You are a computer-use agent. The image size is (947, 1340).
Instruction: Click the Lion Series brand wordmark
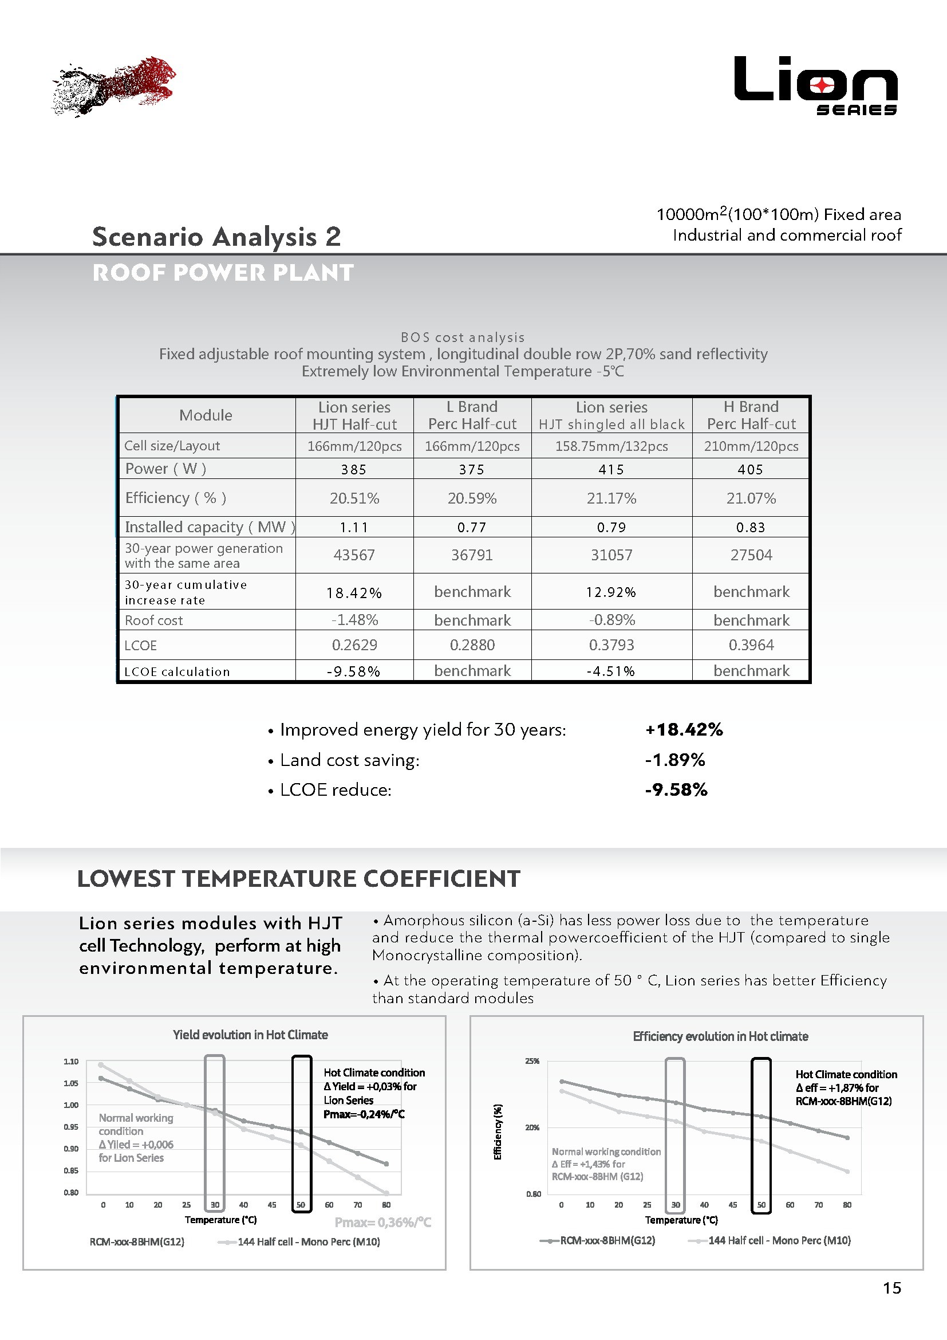(x=815, y=85)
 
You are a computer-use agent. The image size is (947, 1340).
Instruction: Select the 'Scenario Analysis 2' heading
(x=216, y=237)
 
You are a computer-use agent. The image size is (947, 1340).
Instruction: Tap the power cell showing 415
(x=611, y=469)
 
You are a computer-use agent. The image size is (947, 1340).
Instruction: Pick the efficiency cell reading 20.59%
(x=472, y=498)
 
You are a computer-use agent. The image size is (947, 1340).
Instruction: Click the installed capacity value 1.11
(x=354, y=528)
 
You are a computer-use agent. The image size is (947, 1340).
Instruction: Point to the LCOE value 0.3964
(x=751, y=645)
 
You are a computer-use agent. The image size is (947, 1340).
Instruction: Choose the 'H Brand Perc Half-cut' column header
(x=751, y=415)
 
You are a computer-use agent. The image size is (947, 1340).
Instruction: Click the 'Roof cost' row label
(x=154, y=620)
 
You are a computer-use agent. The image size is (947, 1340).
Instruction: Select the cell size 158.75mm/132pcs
(x=611, y=446)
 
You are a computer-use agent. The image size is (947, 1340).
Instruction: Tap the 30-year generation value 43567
(x=354, y=555)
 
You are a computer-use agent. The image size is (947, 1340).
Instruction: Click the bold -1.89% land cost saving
(x=674, y=760)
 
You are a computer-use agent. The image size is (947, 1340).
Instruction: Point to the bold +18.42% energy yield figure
(x=684, y=729)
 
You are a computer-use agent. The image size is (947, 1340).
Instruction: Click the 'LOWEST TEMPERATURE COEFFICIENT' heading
(x=298, y=879)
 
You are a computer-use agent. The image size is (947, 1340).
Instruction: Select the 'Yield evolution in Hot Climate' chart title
(x=250, y=1035)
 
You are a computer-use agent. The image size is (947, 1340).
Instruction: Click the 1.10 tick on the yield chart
(x=71, y=1062)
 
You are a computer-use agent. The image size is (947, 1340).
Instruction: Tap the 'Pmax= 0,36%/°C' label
(x=382, y=1222)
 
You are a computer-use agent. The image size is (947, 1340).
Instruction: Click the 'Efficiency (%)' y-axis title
(x=498, y=1131)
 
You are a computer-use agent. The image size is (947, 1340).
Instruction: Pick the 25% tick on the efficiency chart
(x=532, y=1061)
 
